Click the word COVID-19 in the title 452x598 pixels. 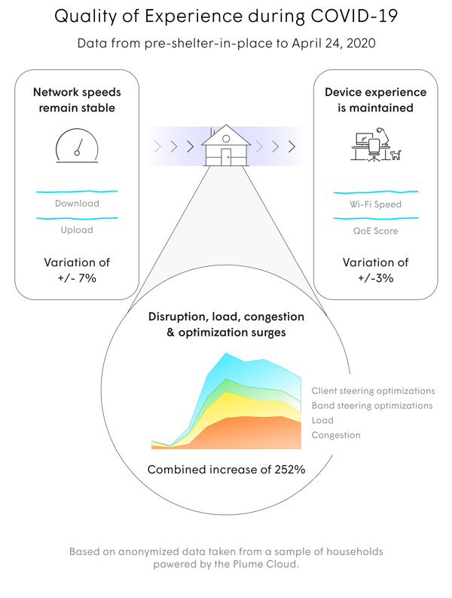(354, 17)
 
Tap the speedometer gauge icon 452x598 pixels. (77, 146)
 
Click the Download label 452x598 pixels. (77, 204)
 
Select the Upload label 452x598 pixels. (77, 230)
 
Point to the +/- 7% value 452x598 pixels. (77, 278)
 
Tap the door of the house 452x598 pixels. (226, 157)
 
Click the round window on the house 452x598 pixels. (226, 139)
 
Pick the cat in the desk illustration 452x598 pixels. (396, 155)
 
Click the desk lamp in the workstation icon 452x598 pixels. (383, 136)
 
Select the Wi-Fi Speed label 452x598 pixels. (376, 204)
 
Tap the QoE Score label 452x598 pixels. (376, 231)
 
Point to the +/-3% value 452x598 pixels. (376, 278)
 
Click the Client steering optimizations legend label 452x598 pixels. (373, 391)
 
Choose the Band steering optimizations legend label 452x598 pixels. (372, 406)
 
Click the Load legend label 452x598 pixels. (322, 420)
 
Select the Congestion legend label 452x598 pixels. (336, 435)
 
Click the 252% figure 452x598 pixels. (289, 470)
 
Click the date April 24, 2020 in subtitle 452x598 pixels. (334, 43)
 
